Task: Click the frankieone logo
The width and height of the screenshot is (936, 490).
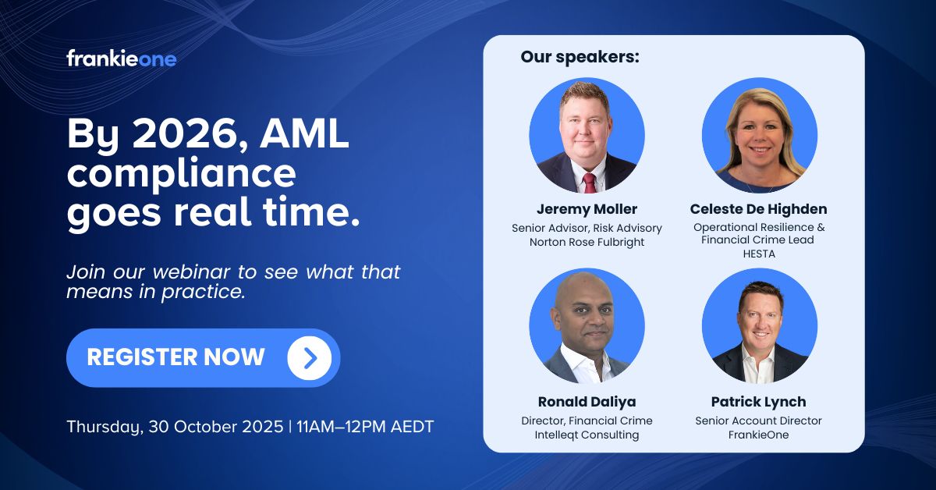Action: [121, 59]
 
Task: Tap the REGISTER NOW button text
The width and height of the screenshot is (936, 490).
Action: [176, 357]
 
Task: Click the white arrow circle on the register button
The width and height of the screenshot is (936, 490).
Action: [309, 358]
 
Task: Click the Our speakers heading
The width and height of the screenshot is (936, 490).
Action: [580, 57]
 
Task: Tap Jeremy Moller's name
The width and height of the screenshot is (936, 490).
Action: [587, 209]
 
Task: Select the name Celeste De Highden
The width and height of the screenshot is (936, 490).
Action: [758, 209]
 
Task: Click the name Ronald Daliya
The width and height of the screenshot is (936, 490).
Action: [587, 402]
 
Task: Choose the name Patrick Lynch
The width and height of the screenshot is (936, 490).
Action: [758, 402]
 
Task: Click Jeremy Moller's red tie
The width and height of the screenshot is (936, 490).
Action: [589, 183]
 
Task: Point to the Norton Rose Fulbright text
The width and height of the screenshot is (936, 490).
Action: [587, 242]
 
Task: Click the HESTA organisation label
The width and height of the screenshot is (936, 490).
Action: [759, 254]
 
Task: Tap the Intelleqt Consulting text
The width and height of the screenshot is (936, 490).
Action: [587, 435]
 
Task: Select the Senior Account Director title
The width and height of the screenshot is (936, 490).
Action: [758, 421]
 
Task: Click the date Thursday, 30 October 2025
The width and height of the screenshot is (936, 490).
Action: [175, 427]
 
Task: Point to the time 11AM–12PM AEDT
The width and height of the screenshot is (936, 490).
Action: [365, 427]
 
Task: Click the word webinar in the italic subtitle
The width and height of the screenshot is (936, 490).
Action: [191, 272]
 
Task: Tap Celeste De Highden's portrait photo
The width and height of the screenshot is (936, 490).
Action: [759, 135]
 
